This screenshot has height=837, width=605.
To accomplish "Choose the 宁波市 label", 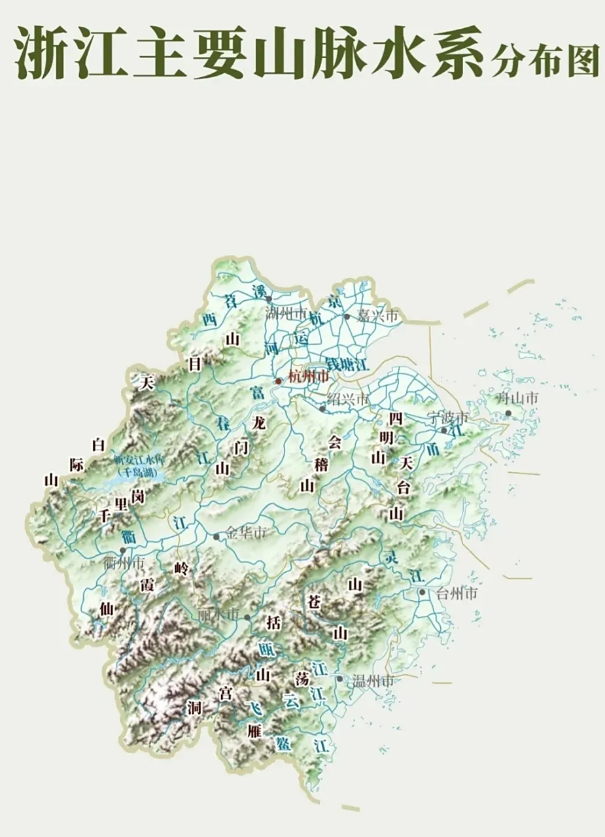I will pyautogui.click(x=448, y=417).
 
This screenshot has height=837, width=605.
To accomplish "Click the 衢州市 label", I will pyautogui.click(x=124, y=562).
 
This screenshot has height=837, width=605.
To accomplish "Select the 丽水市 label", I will pyautogui.click(x=218, y=616).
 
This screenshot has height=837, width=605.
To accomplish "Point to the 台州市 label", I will pyautogui.click(x=457, y=594).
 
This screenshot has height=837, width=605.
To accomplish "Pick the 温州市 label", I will pyautogui.click(x=373, y=681).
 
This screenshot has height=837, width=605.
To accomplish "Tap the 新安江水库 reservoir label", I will pyautogui.click(x=139, y=460).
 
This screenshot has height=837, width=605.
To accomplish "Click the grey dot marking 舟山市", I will pyautogui.click(x=508, y=413).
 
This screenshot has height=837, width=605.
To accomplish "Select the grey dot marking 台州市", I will pyautogui.click(x=423, y=592).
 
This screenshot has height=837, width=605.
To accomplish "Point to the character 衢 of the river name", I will pyautogui.click(x=128, y=537).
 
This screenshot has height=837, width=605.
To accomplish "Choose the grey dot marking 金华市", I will pyautogui.click(x=216, y=536).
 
